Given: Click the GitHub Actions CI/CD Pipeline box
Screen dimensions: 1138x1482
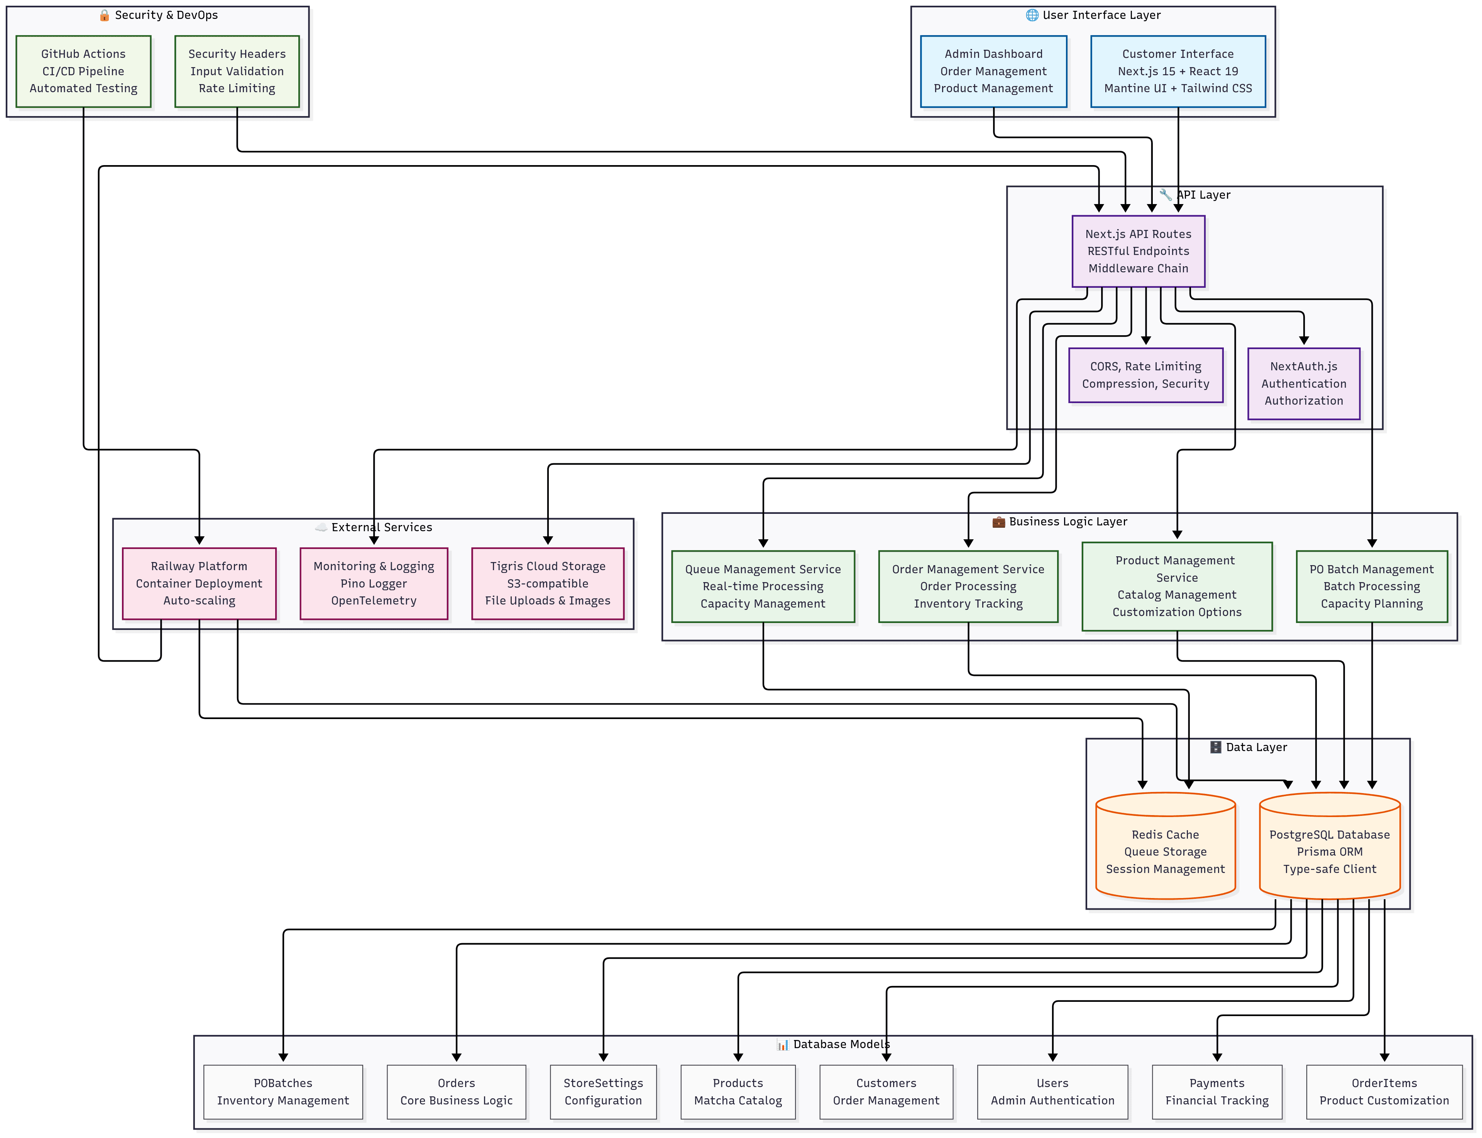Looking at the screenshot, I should pos(83,71).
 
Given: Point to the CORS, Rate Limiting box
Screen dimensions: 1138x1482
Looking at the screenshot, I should pos(1145,375).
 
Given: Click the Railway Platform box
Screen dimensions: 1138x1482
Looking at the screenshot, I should pos(199,583).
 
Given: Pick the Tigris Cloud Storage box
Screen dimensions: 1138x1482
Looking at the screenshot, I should pos(548,583).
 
